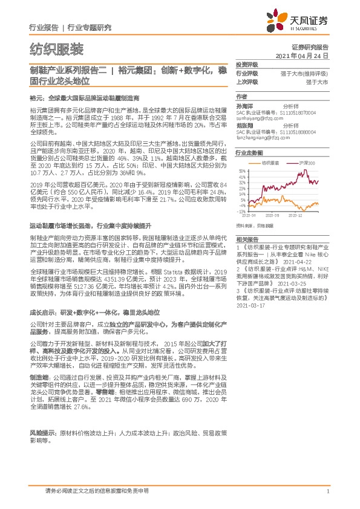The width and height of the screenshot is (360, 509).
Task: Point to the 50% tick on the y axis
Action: click(242, 171)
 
